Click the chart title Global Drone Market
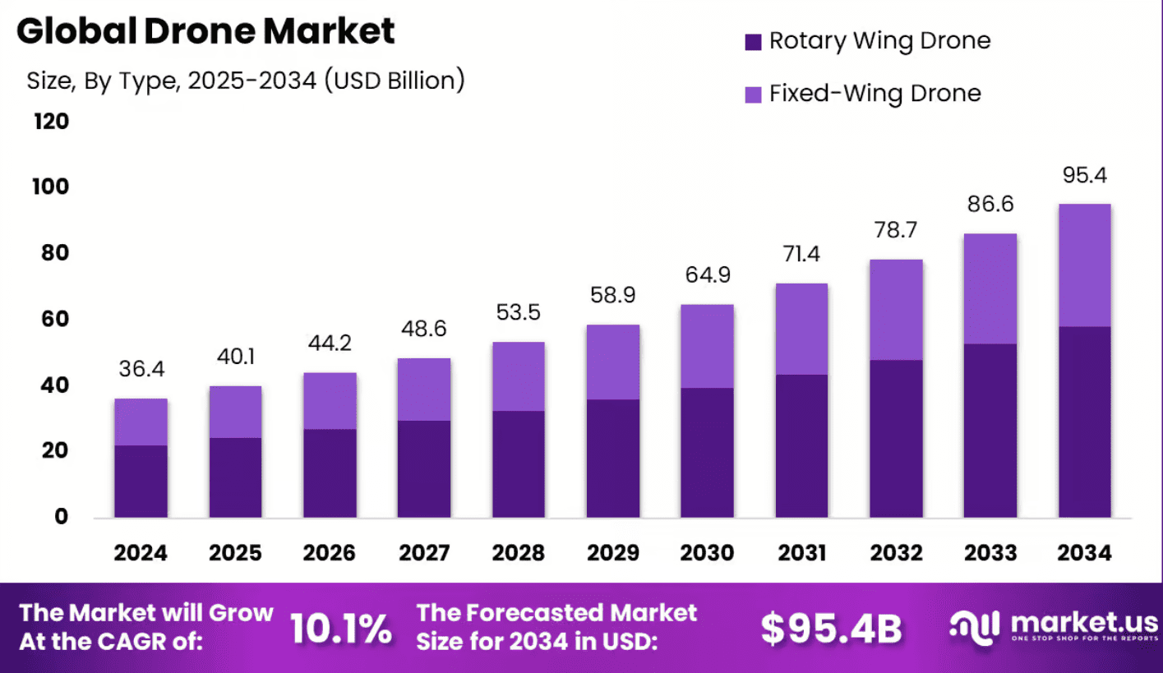point(205,31)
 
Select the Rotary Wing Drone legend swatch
point(754,42)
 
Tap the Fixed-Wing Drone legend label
point(875,94)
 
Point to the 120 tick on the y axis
point(51,122)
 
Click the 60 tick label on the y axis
point(51,320)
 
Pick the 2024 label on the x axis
point(141,552)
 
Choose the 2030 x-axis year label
point(708,552)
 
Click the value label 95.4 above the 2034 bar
point(1084,176)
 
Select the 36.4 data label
point(141,370)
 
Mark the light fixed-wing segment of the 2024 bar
point(141,422)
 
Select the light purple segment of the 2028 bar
point(519,376)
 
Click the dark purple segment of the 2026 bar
point(330,472)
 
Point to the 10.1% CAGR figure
point(341,629)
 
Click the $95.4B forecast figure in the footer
point(831,629)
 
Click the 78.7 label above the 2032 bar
point(896,230)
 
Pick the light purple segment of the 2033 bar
point(990,288)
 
